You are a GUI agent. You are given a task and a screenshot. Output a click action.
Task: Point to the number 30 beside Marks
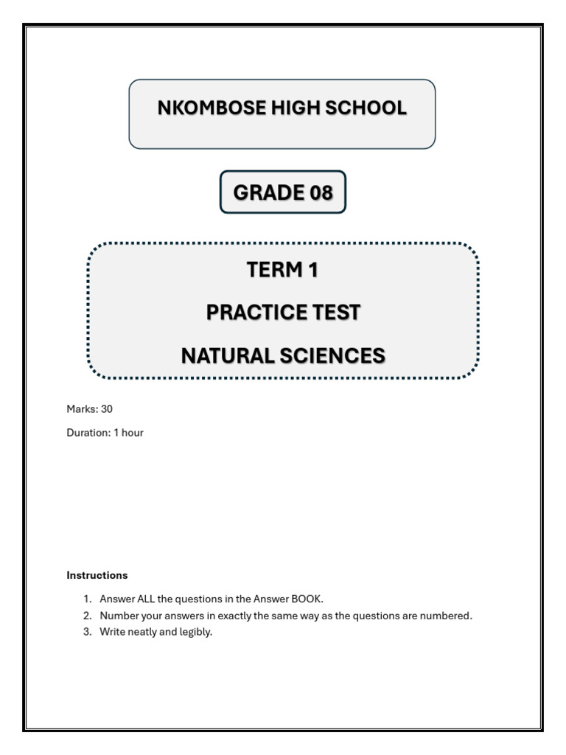coord(107,409)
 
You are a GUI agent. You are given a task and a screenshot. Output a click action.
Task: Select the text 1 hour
coord(128,433)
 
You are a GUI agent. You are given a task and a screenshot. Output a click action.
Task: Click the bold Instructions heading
coord(97,575)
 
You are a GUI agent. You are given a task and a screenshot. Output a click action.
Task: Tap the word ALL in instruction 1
coord(146,599)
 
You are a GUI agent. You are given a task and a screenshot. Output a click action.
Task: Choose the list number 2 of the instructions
coord(86,616)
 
